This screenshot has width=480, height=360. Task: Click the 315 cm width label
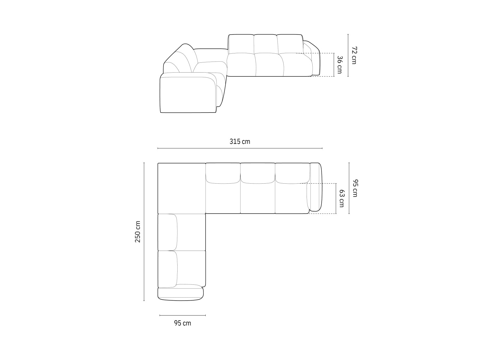pos(240,141)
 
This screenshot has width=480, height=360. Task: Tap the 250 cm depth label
pos(138,232)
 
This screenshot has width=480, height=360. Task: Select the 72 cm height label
pos(354,55)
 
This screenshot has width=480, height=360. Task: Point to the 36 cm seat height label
pos(339,64)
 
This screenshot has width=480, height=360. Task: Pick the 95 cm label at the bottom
pos(182,323)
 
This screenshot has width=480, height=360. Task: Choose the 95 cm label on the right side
pos(355,188)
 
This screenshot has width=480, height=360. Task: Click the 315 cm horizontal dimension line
pos(240,148)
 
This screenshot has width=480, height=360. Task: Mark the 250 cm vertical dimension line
pos(144,232)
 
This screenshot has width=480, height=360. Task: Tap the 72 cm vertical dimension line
pos(348,55)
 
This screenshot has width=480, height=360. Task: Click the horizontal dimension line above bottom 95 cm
pos(182,315)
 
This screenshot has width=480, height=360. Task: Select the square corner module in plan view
pos(181,188)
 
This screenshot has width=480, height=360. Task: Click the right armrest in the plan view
pos(316,187)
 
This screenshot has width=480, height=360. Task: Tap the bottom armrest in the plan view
pos(180,294)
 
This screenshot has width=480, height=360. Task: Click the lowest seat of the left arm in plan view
pos(181,268)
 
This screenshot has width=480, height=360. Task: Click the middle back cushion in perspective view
pos(265,44)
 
